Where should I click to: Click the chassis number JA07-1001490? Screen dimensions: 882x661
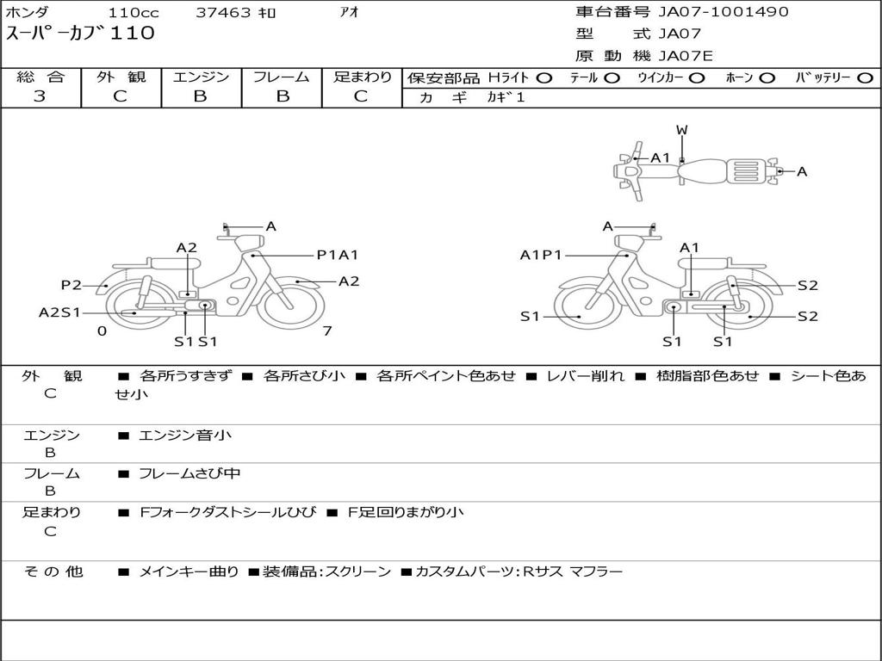[723, 12]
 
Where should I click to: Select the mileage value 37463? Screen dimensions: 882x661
[223, 12]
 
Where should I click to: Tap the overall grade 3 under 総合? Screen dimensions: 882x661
[40, 96]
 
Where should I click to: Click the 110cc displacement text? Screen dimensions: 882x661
[134, 12]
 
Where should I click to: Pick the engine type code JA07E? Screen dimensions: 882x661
[685, 56]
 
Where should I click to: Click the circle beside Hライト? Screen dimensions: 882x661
[544, 78]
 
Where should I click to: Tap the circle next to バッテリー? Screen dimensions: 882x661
[866, 78]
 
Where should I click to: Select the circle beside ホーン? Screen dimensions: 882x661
[767, 78]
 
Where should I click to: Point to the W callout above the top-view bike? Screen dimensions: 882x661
[682, 130]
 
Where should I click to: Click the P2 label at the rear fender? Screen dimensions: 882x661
[71, 285]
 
